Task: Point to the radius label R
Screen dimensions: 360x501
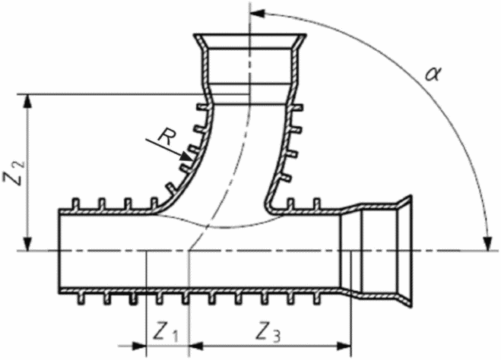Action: click(x=166, y=137)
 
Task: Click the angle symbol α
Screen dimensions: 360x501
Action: click(x=433, y=74)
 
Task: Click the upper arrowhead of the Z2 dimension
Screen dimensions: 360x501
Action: click(x=27, y=99)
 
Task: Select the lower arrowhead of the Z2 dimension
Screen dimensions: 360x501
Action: click(x=27, y=245)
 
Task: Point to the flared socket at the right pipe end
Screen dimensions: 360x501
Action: click(x=407, y=251)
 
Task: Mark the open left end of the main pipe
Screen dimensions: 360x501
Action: click(x=61, y=251)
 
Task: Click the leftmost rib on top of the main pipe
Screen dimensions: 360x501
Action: click(x=77, y=203)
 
